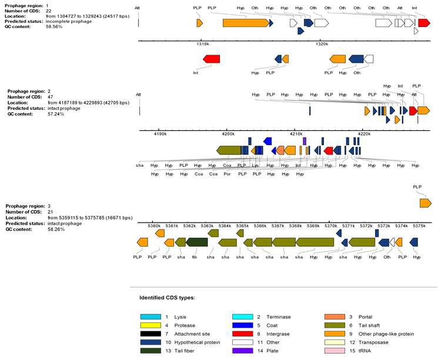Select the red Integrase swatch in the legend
(242, 334)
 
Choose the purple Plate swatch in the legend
(242, 351)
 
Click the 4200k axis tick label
(228, 134)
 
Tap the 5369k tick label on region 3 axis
(313, 226)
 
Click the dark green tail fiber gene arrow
(197, 242)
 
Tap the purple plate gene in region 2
(305, 141)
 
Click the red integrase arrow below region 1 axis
(211, 59)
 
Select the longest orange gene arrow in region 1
(245, 23)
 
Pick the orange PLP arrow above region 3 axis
(424, 203)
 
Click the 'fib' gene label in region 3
(194, 257)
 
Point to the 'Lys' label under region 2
(255, 166)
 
